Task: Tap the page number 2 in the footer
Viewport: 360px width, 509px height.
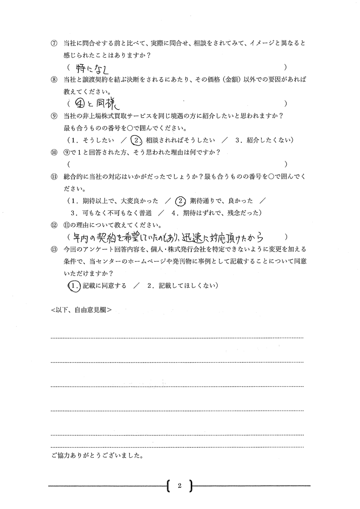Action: point(180,486)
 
